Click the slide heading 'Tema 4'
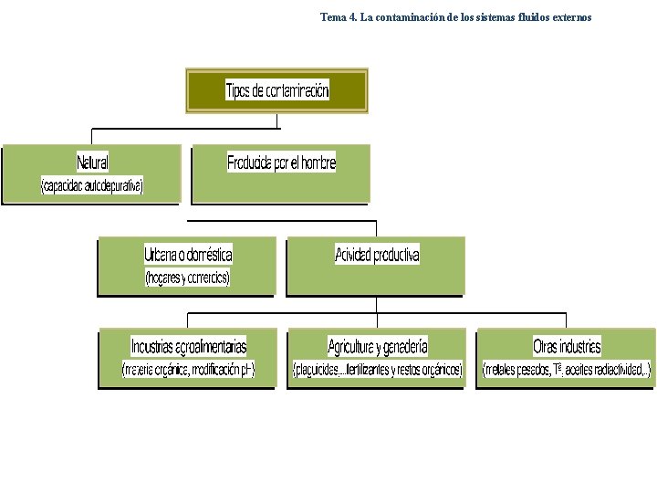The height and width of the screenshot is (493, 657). pyautogui.click(x=339, y=16)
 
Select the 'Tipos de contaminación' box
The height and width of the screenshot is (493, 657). pyautogui.click(x=277, y=90)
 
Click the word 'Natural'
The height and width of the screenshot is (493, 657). pyautogui.click(x=92, y=163)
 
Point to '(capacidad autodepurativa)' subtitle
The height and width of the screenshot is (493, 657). pyautogui.click(x=92, y=186)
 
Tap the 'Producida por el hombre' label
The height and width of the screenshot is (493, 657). pyautogui.click(x=281, y=163)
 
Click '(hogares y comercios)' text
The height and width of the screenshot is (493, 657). pyautogui.click(x=187, y=278)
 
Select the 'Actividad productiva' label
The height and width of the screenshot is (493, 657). pyautogui.click(x=377, y=255)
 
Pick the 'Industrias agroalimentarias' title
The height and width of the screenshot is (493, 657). pyautogui.click(x=188, y=346)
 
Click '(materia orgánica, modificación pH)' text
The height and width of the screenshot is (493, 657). pyautogui.click(x=188, y=370)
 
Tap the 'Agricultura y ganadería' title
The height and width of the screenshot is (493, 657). pyautogui.click(x=378, y=346)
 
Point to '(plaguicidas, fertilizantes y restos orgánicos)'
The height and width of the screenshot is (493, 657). pyautogui.click(x=378, y=370)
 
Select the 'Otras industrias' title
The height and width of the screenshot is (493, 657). pyautogui.click(x=567, y=346)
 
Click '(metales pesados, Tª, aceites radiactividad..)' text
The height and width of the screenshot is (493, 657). pyautogui.click(x=567, y=370)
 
